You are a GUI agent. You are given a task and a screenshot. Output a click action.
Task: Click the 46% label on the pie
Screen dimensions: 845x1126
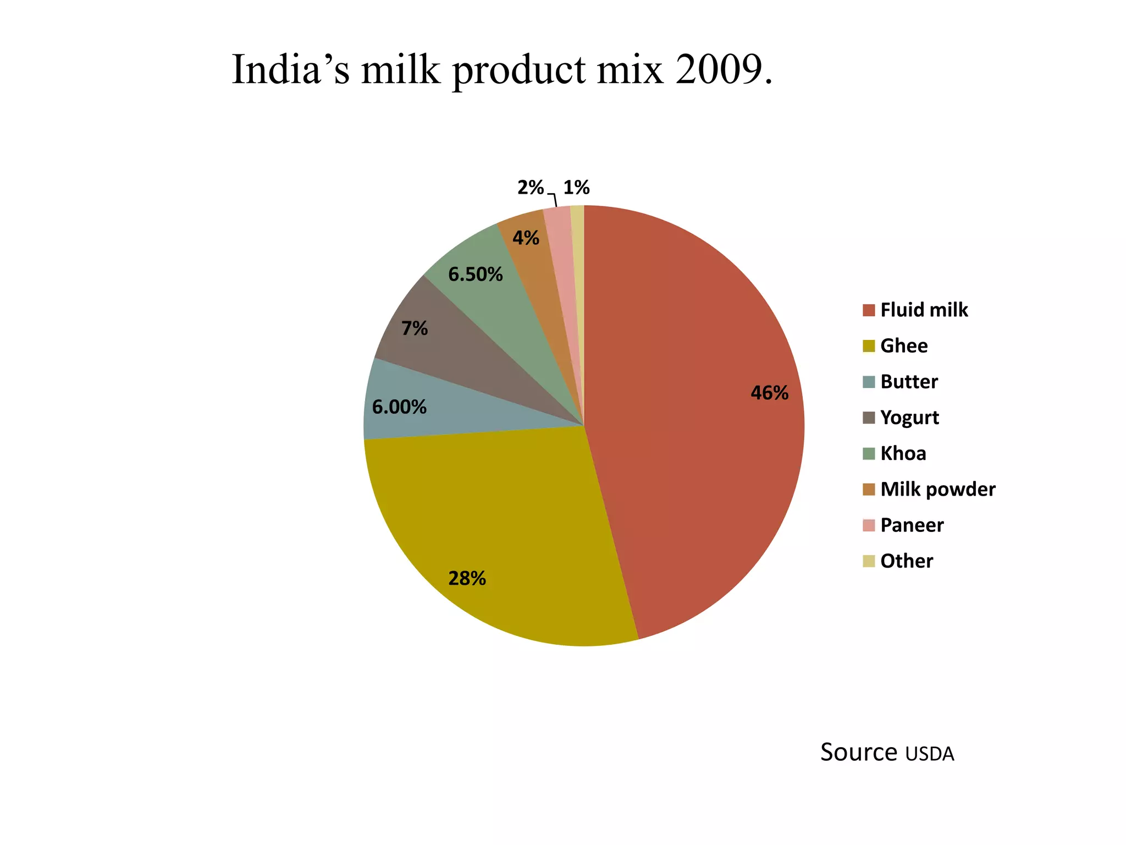pyautogui.click(x=769, y=393)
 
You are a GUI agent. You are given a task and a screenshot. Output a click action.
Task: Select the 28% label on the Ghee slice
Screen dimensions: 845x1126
pyautogui.click(x=467, y=578)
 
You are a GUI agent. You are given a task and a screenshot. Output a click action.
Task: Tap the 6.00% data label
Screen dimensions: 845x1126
pyautogui.click(x=399, y=407)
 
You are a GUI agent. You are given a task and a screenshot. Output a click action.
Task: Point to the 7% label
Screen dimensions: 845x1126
pyautogui.click(x=414, y=328)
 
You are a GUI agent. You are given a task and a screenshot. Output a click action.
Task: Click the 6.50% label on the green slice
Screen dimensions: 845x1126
pyautogui.click(x=475, y=274)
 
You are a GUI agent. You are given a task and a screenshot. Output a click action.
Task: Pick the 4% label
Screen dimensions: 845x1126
pyautogui.click(x=526, y=238)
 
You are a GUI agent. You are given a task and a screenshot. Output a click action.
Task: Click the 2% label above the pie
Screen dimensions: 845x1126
pyautogui.click(x=530, y=188)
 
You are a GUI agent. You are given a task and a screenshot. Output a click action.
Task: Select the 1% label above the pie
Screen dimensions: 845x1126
pyautogui.click(x=576, y=188)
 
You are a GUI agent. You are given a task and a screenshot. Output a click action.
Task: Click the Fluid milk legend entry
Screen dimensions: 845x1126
pyautogui.click(x=924, y=310)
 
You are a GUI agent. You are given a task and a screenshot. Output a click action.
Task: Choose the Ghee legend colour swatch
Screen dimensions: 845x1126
pyautogui.click(x=869, y=346)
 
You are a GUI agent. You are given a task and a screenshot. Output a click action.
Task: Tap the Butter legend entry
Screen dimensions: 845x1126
pyautogui.click(x=909, y=382)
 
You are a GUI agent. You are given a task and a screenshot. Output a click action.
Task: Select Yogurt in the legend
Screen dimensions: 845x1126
pyautogui.click(x=909, y=418)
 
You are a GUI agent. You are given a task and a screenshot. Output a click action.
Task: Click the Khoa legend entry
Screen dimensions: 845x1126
pyautogui.click(x=903, y=453)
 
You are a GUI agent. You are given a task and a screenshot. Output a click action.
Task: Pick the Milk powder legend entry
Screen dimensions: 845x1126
pyautogui.click(x=937, y=489)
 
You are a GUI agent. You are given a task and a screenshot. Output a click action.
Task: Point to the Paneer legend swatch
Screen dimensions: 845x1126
pyautogui.click(x=869, y=525)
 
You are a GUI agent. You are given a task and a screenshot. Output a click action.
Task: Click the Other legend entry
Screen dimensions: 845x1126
pyautogui.click(x=907, y=561)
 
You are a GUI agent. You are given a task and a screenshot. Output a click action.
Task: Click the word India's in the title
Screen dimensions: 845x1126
pyautogui.click(x=290, y=70)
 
